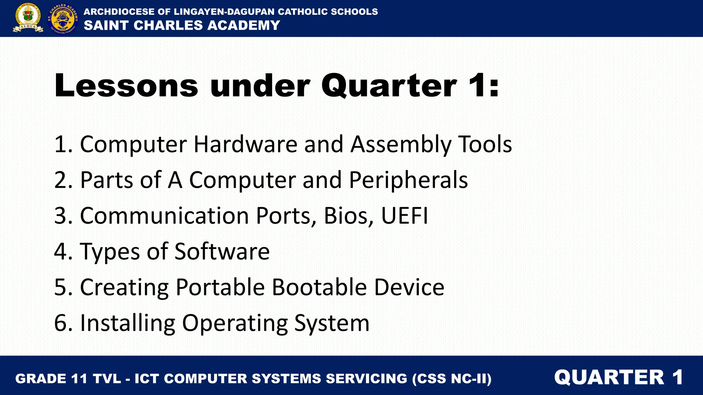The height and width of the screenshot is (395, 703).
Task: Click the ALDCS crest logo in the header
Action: (x=28, y=18)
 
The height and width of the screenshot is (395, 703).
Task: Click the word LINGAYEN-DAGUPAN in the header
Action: (x=224, y=12)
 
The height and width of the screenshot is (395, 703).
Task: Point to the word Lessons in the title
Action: (x=126, y=85)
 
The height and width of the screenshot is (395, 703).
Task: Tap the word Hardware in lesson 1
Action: (x=245, y=144)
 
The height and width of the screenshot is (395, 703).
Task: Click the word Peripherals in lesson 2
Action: (x=408, y=180)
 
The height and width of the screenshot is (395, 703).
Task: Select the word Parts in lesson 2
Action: (x=106, y=180)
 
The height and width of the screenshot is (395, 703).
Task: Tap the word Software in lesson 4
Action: (x=222, y=251)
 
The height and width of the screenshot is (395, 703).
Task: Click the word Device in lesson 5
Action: (x=409, y=287)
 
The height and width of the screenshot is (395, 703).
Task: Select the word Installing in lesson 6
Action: (x=127, y=323)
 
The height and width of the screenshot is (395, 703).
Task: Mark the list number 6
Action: (x=61, y=323)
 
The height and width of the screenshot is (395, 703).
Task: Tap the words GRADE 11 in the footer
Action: (x=51, y=379)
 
